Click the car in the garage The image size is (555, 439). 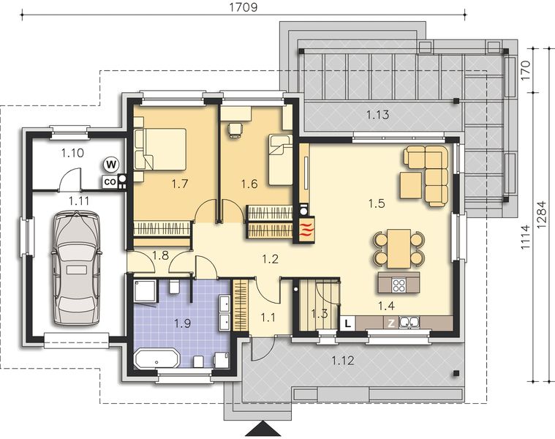[75, 268]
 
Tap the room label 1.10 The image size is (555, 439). [72, 154]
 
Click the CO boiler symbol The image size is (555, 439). [110, 181]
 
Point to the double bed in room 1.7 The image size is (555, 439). [160, 149]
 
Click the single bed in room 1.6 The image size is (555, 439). [280, 160]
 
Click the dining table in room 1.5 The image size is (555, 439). [399, 249]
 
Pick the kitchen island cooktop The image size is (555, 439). [400, 285]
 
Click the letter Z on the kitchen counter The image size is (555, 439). [391, 323]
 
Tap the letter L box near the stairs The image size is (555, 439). [347, 323]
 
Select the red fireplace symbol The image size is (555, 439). [306, 229]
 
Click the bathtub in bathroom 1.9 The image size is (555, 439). [157, 359]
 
